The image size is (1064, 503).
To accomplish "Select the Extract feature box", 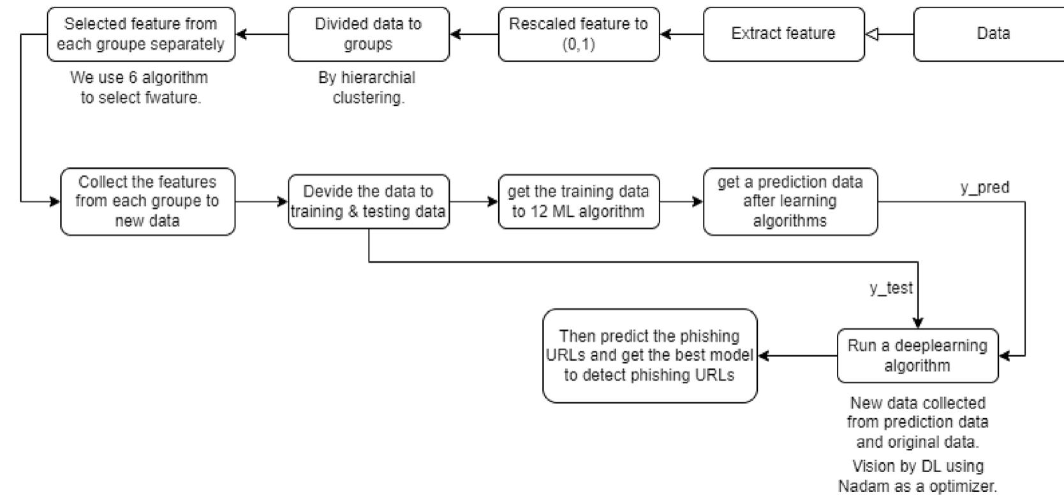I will tap(783, 34).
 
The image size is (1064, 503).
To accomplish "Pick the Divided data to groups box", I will tap(369, 34).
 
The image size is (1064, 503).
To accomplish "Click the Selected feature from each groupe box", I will tap(141, 34).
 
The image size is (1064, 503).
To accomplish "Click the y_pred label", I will tap(984, 187).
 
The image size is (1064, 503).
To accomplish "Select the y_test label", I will tap(891, 288).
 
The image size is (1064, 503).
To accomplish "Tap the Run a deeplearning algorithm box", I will tap(917, 356).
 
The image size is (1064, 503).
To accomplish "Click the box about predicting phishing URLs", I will tap(649, 356).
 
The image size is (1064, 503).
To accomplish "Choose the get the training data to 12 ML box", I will tap(579, 201).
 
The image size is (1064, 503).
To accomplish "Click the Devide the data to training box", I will tap(369, 201).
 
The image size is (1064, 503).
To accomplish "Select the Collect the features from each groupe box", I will tap(147, 201).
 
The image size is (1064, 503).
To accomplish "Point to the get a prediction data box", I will tap(790, 201).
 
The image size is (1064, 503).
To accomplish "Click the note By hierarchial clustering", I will tap(367, 88).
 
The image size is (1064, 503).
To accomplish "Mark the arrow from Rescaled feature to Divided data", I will tap(474, 34).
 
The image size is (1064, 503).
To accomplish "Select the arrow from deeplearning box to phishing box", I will tap(797, 356).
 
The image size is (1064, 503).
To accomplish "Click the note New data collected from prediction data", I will tap(917, 422).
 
